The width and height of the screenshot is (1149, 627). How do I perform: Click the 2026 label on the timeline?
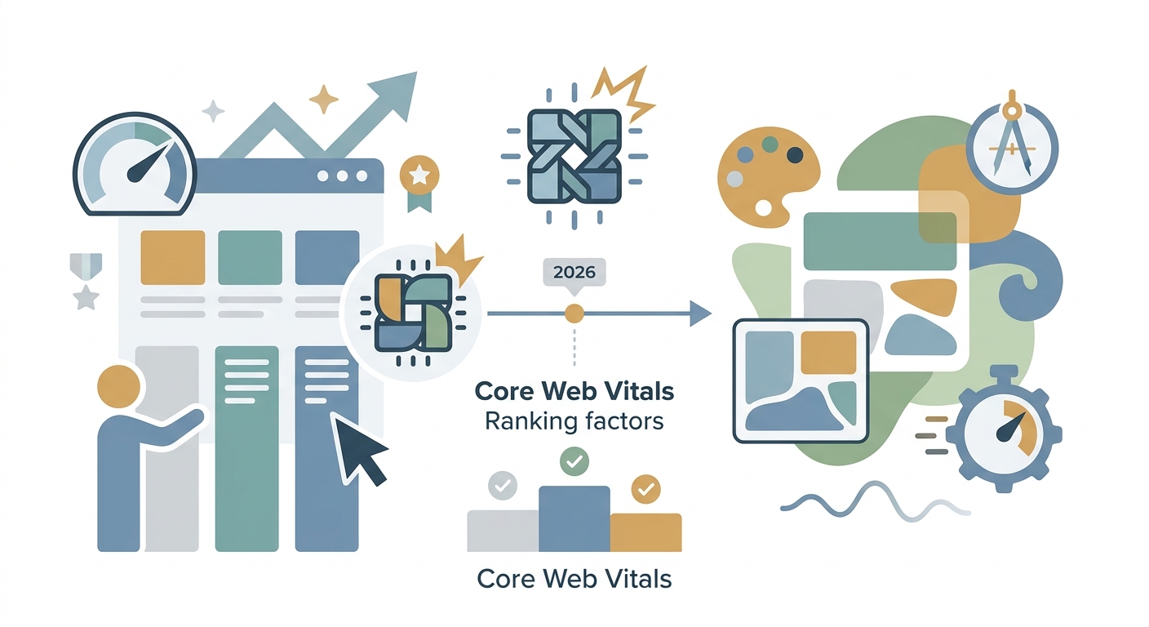[574, 273]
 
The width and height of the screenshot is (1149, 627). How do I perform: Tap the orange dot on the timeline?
[574, 313]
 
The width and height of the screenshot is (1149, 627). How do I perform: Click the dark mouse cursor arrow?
[358, 448]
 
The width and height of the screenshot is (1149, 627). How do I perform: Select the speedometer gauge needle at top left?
[149, 162]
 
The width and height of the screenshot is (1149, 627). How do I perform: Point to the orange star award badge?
[419, 183]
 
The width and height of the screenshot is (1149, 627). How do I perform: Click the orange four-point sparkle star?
[324, 99]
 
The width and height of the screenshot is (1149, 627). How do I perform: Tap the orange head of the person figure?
[118, 386]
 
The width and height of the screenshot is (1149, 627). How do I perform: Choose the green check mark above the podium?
[574, 461]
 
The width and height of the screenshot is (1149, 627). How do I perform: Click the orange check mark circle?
[645, 488]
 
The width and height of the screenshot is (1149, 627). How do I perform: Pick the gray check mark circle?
[503, 485]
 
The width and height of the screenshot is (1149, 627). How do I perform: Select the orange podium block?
[645, 532]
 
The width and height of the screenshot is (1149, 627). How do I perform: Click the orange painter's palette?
[767, 177]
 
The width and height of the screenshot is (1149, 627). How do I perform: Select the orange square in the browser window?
[173, 257]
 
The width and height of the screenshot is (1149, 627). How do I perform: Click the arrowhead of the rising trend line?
[395, 94]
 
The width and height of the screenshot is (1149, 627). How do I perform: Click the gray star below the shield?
[86, 297]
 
